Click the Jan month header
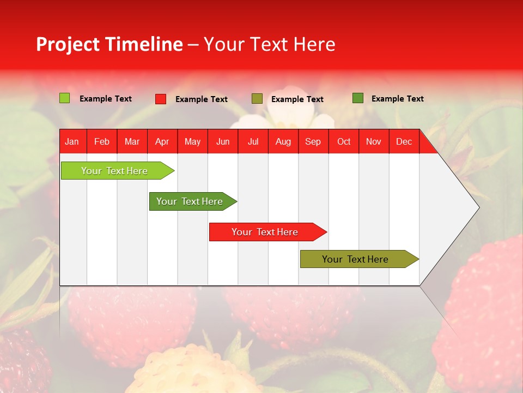click(x=72, y=142)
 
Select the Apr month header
click(x=162, y=142)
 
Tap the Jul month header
click(x=253, y=142)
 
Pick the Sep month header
click(x=313, y=142)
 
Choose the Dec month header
click(x=404, y=142)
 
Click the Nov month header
click(x=373, y=142)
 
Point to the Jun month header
click(x=222, y=142)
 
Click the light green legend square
click(x=64, y=98)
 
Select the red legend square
click(x=160, y=99)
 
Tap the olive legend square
click(x=257, y=99)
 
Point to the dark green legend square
click(x=357, y=98)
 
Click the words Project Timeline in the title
click(x=109, y=44)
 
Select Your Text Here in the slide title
click(x=269, y=44)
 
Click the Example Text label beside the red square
click(x=201, y=99)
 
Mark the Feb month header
click(x=101, y=142)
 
